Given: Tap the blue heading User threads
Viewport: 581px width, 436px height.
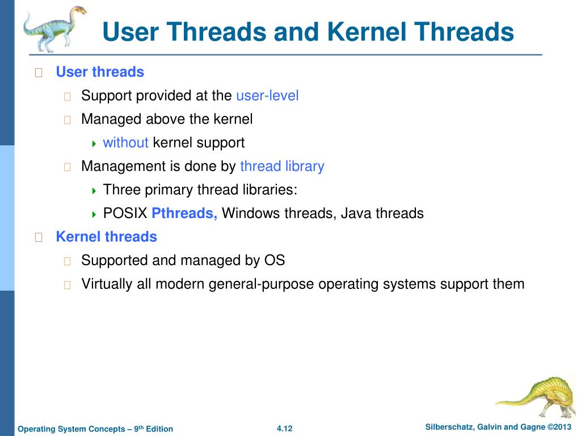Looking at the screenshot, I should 100,72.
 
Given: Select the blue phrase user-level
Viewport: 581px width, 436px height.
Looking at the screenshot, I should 267,95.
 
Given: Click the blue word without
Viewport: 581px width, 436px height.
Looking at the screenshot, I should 125,142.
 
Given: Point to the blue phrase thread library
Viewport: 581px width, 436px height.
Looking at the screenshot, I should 282,166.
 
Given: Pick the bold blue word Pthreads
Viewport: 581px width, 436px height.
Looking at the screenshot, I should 184,213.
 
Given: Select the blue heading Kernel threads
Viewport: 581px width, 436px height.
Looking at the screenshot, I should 106,237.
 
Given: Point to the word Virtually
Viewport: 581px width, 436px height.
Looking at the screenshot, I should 107,284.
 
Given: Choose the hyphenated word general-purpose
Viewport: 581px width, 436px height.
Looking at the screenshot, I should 261,284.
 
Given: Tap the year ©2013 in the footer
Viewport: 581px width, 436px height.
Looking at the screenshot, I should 560,427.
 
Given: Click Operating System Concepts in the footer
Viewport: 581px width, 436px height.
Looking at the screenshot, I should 71,429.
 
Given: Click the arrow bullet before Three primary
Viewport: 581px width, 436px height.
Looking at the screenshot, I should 94,191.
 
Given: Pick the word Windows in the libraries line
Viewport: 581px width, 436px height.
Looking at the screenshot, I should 250,213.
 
